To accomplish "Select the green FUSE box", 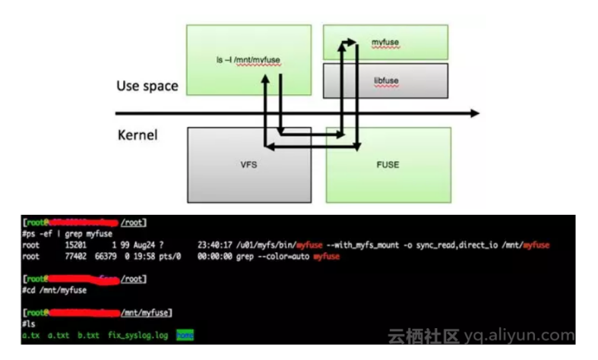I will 388,164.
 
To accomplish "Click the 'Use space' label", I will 147,86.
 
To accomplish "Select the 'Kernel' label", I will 138,136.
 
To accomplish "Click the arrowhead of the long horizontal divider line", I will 475,113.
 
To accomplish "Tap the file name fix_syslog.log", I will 138,335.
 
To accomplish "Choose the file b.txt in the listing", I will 88,335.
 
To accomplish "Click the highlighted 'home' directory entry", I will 185,335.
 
